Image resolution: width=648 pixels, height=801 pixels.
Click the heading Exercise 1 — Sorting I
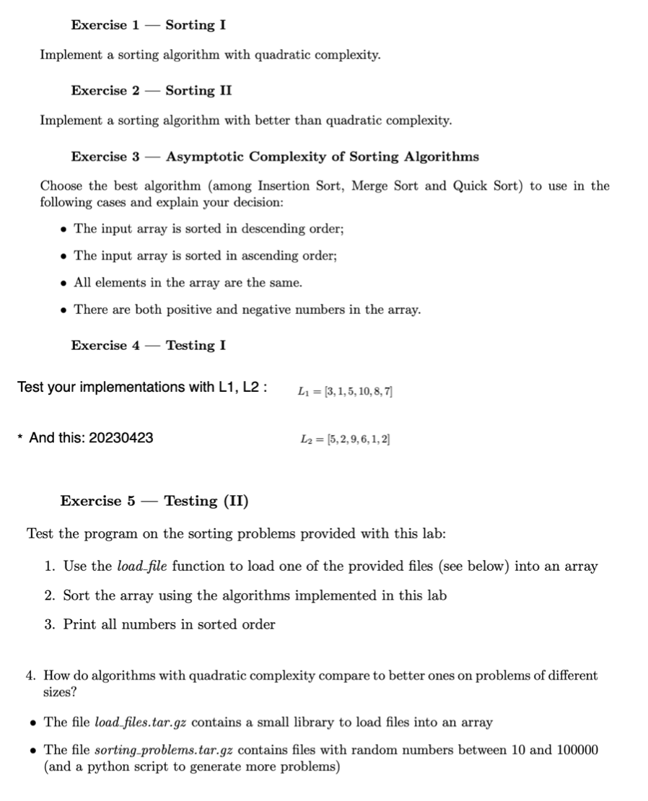tap(148, 25)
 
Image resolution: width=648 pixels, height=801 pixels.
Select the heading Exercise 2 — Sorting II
tap(151, 91)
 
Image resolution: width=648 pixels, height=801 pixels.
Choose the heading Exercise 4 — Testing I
tap(148, 346)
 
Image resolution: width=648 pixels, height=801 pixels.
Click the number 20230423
tap(121, 438)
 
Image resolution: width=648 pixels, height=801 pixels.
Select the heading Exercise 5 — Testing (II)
tap(154, 501)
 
